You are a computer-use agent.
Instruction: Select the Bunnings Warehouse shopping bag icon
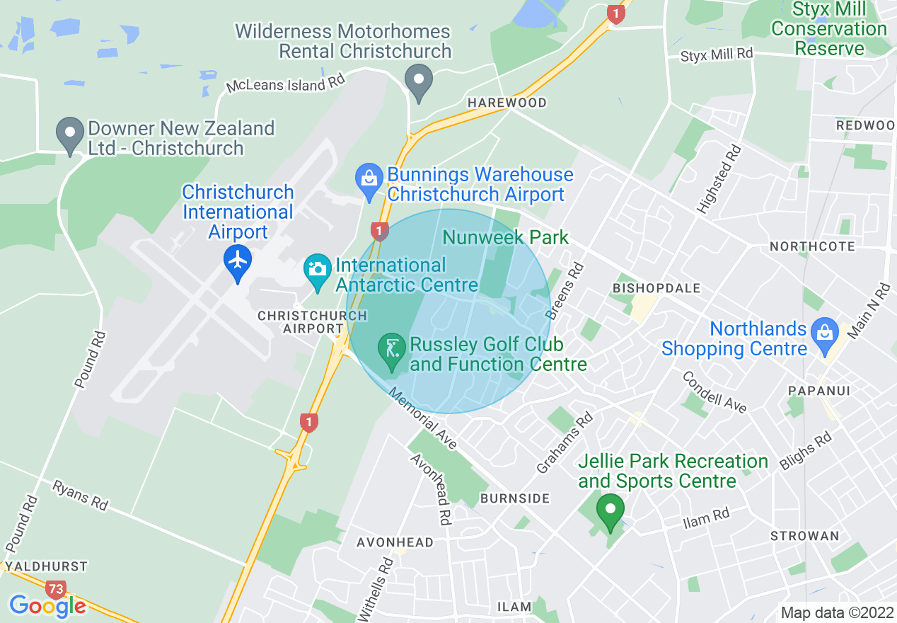click(x=369, y=178)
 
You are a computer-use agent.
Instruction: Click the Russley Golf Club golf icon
click(x=391, y=348)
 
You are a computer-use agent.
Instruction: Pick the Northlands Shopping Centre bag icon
click(x=824, y=331)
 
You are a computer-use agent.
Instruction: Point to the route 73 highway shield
click(x=55, y=589)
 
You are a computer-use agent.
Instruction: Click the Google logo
click(x=47, y=606)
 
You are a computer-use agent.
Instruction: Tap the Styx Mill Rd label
click(x=717, y=55)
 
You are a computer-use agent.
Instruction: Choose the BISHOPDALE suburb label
click(x=656, y=289)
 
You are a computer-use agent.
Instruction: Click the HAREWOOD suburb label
click(x=507, y=103)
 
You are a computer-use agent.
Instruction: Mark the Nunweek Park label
click(x=505, y=237)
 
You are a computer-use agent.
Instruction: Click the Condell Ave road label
click(x=714, y=391)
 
